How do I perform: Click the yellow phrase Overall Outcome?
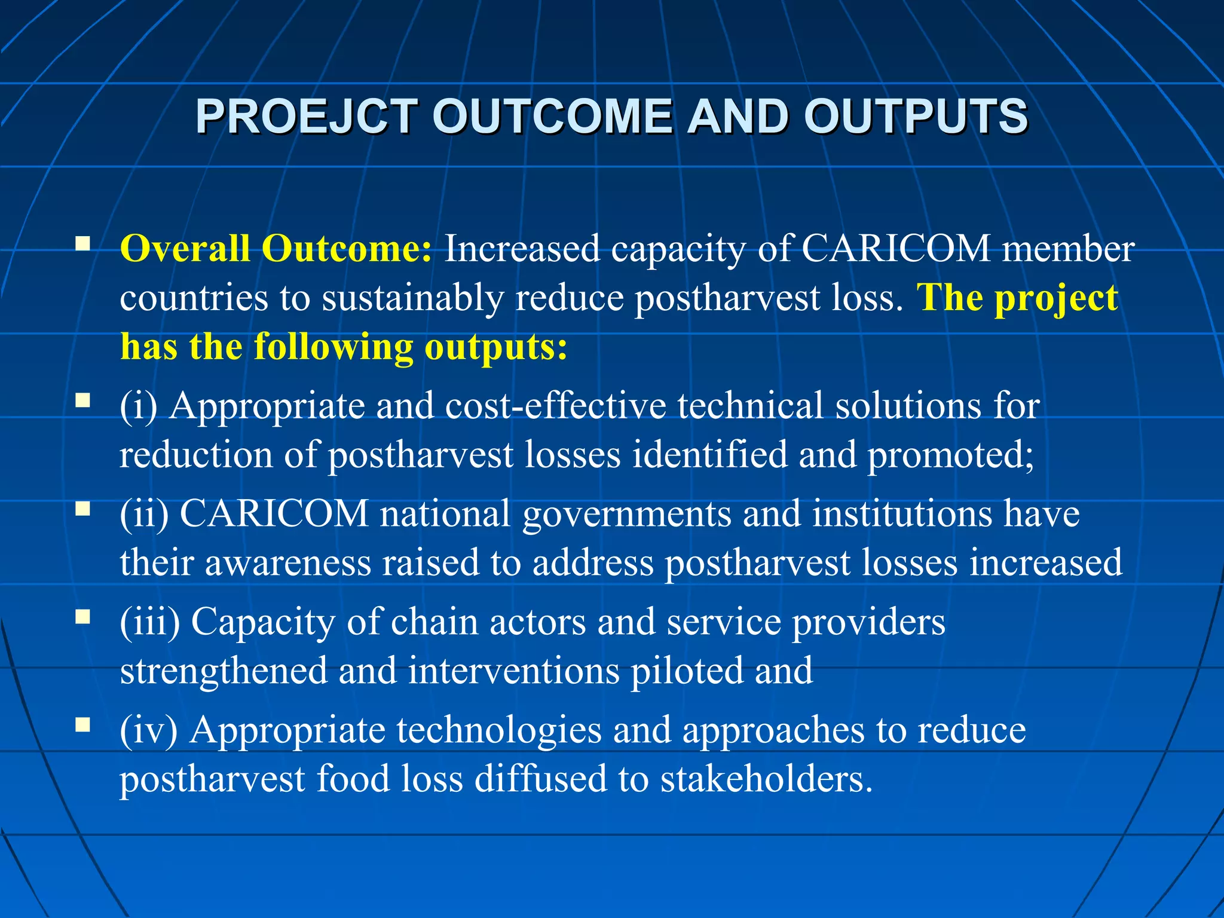tap(276, 248)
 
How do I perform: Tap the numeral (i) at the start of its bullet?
tap(138, 406)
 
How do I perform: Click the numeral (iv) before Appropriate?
tap(149, 730)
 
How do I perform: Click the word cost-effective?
tap(555, 406)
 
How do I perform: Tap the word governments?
tap(626, 514)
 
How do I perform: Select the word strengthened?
tap(224, 671)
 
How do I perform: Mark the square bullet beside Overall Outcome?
tap(82, 243)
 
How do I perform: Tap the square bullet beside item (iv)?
tap(82, 726)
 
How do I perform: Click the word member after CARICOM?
tap(1068, 248)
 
